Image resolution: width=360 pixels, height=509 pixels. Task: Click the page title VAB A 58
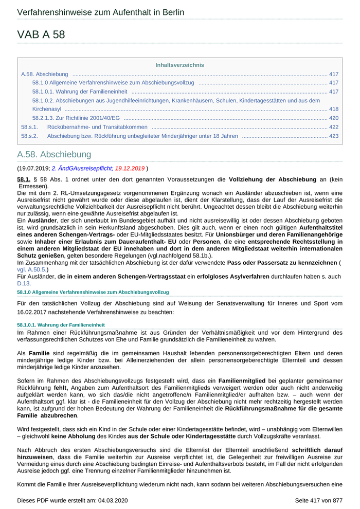pos(41,34)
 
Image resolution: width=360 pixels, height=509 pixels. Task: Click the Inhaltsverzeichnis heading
pos(179,65)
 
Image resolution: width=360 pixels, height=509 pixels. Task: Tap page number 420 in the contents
pos(333,118)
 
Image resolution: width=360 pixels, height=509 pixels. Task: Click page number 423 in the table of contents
pos(333,136)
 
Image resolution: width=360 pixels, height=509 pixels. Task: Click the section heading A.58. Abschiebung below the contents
pos(54,154)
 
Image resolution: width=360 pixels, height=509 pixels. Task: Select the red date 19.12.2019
pos(130,168)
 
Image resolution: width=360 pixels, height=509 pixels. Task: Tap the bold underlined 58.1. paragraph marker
pos(24,179)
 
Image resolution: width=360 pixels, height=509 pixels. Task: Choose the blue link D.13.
pos(24,283)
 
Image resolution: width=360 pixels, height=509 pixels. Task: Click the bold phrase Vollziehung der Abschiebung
pos(272,179)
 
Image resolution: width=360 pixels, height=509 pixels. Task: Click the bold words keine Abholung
pos(72,436)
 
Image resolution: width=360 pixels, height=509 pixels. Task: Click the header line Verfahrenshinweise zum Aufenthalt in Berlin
pos(100,12)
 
